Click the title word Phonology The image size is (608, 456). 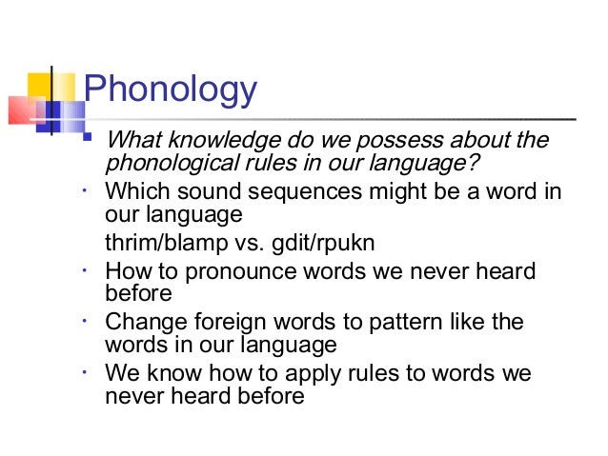coord(171,90)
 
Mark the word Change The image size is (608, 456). coord(142,321)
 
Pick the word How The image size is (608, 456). coord(128,271)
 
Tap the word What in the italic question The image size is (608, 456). coord(132,141)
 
